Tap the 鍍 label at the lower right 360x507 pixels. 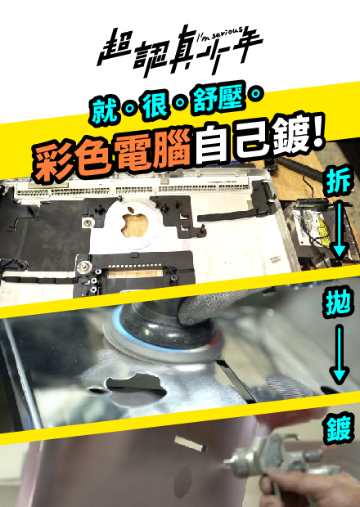click(x=338, y=428)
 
